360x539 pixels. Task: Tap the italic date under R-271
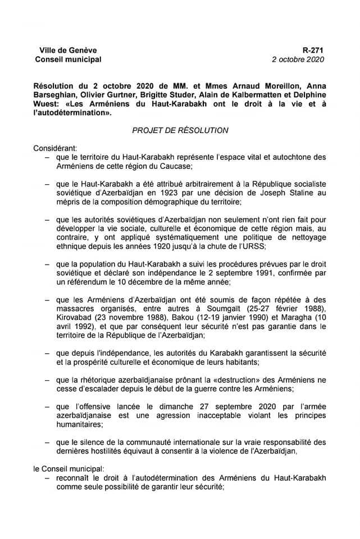(298, 59)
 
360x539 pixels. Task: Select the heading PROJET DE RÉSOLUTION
(180, 130)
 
